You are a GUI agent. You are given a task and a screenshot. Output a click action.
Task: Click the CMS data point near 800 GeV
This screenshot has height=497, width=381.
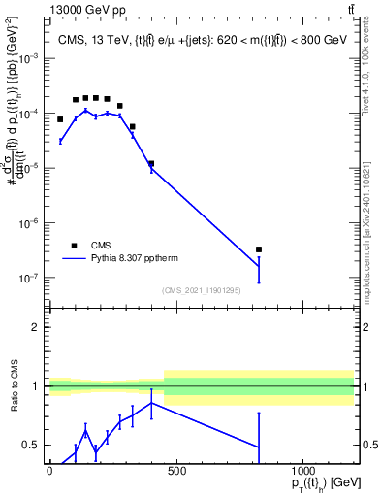pyautogui.click(x=259, y=249)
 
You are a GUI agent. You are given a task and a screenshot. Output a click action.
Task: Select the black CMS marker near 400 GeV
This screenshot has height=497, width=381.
pyautogui.click(x=150, y=163)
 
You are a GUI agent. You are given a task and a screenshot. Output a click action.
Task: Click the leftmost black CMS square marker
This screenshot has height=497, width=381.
pyautogui.click(x=60, y=119)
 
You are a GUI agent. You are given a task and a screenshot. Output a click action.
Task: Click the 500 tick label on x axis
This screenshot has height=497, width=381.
pyautogui.click(x=175, y=471)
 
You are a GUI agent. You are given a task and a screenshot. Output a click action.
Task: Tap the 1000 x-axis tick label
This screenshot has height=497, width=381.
pyautogui.click(x=302, y=471)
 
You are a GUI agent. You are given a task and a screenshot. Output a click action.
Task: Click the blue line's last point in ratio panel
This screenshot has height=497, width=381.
pyautogui.click(x=259, y=447)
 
